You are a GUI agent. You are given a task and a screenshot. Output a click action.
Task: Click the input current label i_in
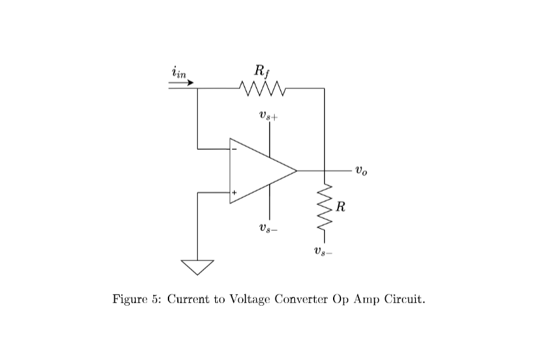[x=179, y=72]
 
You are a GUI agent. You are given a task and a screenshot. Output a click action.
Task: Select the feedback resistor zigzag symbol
[x=262, y=88]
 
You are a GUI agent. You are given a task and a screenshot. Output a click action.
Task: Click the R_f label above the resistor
[x=261, y=70]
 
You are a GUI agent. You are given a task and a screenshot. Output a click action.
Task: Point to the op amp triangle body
[x=257, y=171]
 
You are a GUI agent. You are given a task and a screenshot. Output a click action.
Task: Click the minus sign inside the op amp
[x=235, y=149]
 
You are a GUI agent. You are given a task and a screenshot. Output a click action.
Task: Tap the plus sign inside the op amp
[x=235, y=193]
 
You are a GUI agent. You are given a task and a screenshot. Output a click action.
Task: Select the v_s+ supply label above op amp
[x=269, y=115]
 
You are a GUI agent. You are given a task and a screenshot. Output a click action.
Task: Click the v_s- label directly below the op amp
[x=269, y=228]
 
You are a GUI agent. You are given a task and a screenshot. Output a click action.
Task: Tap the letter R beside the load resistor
[x=340, y=206]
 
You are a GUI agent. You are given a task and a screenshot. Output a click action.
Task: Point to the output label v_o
[x=361, y=171]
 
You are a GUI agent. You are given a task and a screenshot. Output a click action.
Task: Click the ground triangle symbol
[x=198, y=266]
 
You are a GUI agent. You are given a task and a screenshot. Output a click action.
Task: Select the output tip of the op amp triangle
[x=296, y=171]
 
